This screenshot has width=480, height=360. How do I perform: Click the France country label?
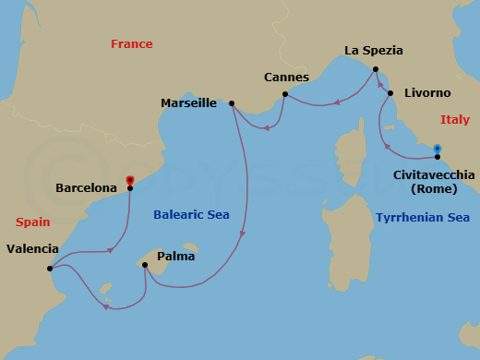(x=131, y=43)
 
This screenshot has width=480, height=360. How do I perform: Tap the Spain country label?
(x=33, y=222)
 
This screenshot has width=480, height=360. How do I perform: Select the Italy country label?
(x=454, y=119)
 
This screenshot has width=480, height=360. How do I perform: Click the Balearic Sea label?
(x=192, y=216)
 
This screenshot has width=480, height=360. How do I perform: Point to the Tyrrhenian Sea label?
(x=422, y=218)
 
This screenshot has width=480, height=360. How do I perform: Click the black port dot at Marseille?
(x=232, y=103)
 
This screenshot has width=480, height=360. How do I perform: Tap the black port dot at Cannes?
(x=285, y=94)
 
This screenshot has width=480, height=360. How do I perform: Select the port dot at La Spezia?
(x=376, y=69)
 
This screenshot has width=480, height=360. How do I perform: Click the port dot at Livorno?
(x=390, y=93)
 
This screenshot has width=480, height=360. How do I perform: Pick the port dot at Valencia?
(x=49, y=270)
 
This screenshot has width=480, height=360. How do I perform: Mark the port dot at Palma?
(x=145, y=265)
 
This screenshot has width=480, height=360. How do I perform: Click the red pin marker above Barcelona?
(x=130, y=180)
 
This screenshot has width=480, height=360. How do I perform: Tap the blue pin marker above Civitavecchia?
(x=438, y=149)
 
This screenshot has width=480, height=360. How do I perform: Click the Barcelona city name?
(x=86, y=187)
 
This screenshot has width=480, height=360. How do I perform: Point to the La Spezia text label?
(x=375, y=52)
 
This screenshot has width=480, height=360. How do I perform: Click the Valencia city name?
(x=32, y=248)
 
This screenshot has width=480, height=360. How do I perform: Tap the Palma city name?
(x=175, y=256)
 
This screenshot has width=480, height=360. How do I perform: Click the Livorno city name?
(x=427, y=93)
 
